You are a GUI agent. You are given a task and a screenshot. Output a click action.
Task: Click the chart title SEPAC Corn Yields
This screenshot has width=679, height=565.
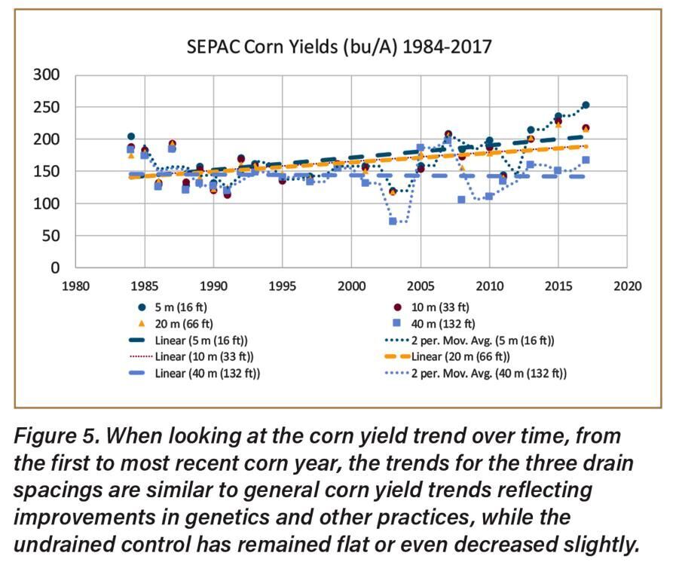[x=339, y=47]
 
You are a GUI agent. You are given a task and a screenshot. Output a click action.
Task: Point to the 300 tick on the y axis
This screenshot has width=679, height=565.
[x=48, y=75]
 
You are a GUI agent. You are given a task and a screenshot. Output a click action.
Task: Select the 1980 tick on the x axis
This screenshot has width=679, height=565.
[x=75, y=286]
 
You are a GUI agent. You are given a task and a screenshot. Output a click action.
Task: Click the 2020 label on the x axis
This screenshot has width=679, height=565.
[x=626, y=286]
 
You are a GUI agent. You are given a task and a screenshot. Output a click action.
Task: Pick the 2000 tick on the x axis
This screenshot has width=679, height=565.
[x=350, y=286]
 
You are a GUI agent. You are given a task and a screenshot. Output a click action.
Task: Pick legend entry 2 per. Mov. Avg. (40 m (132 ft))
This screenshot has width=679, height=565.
[x=475, y=373]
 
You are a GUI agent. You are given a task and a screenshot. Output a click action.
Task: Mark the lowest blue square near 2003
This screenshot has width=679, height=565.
[x=393, y=221]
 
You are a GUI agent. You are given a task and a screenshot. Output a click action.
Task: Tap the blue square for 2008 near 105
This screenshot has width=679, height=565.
[x=461, y=200]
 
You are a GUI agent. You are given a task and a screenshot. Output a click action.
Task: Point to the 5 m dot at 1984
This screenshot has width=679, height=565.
[x=131, y=136]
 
